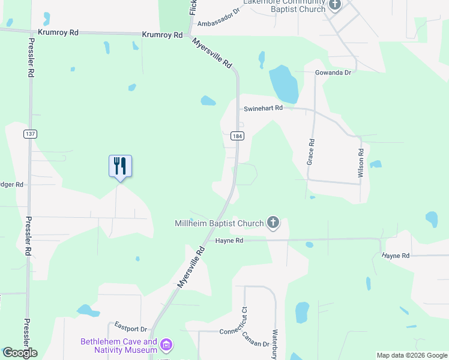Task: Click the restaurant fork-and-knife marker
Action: [120, 166]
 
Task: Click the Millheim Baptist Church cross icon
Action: [273, 224]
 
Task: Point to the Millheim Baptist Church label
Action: [219, 224]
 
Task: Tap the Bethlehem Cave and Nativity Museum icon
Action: [166, 345]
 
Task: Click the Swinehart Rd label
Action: [263, 109]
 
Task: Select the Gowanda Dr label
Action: [333, 73]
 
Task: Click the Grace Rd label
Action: [311, 152]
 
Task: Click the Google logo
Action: [20, 353]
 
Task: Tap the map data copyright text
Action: [412, 355]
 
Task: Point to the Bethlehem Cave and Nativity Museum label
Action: [119, 346]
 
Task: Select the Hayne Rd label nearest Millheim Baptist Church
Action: [229, 241]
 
